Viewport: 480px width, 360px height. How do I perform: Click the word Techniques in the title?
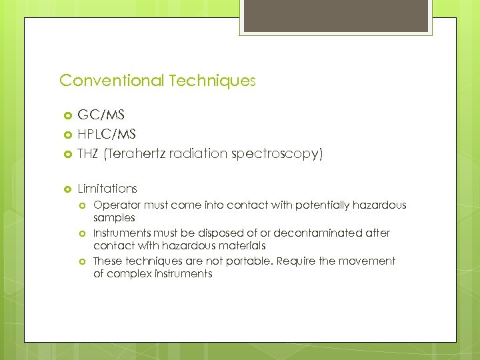212,81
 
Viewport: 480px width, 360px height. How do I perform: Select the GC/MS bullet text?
101,115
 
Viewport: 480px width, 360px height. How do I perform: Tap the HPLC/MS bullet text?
107,135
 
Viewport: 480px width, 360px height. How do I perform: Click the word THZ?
88,154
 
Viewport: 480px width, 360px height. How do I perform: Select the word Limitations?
107,189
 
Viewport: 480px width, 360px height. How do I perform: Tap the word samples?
114,218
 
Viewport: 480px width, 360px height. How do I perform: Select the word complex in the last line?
127,274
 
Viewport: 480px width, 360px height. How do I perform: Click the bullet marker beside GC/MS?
66,116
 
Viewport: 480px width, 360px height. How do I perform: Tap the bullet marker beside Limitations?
66,189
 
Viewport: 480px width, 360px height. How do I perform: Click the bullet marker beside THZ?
66,155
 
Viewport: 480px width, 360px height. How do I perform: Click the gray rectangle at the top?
336,17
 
